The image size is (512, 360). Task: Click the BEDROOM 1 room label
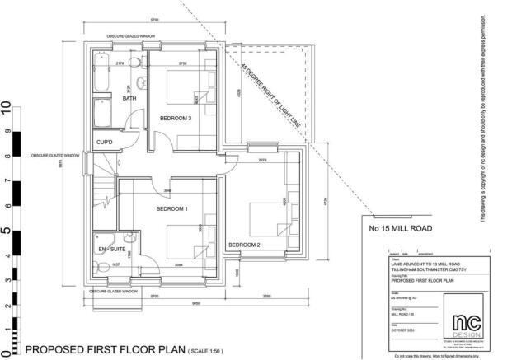pos(172,208)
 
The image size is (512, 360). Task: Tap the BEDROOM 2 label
pos(245,245)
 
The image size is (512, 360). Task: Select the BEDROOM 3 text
pos(175,119)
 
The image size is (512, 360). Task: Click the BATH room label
pos(129,98)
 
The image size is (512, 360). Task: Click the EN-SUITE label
pos(110,246)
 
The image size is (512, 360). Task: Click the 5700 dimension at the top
pos(154,19)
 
